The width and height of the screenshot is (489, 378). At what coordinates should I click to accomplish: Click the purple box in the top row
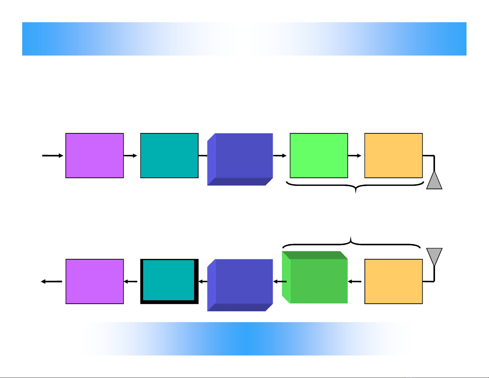click(x=95, y=156)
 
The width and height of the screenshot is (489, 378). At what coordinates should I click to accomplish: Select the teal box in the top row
click(x=169, y=156)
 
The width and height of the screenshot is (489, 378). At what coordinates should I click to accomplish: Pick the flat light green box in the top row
click(x=319, y=156)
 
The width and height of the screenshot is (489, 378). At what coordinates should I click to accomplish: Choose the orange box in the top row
click(x=393, y=156)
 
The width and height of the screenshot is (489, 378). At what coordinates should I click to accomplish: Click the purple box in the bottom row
click(x=95, y=281)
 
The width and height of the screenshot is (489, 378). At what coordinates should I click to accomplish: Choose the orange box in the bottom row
click(x=393, y=281)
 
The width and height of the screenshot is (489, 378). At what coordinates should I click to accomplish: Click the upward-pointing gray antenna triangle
click(x=434, y=181)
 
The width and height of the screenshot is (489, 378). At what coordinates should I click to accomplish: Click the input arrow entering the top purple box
click(x=52, y=156)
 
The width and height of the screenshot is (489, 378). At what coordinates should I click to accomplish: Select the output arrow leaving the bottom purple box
click(x=52, y=281)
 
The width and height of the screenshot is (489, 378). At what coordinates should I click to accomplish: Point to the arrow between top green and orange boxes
click(x=355, y=156)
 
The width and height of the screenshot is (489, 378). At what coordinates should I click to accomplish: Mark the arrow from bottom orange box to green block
click(x=355, y=281)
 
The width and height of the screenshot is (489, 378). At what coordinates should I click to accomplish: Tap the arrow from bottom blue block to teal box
click(x=203, y=281)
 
